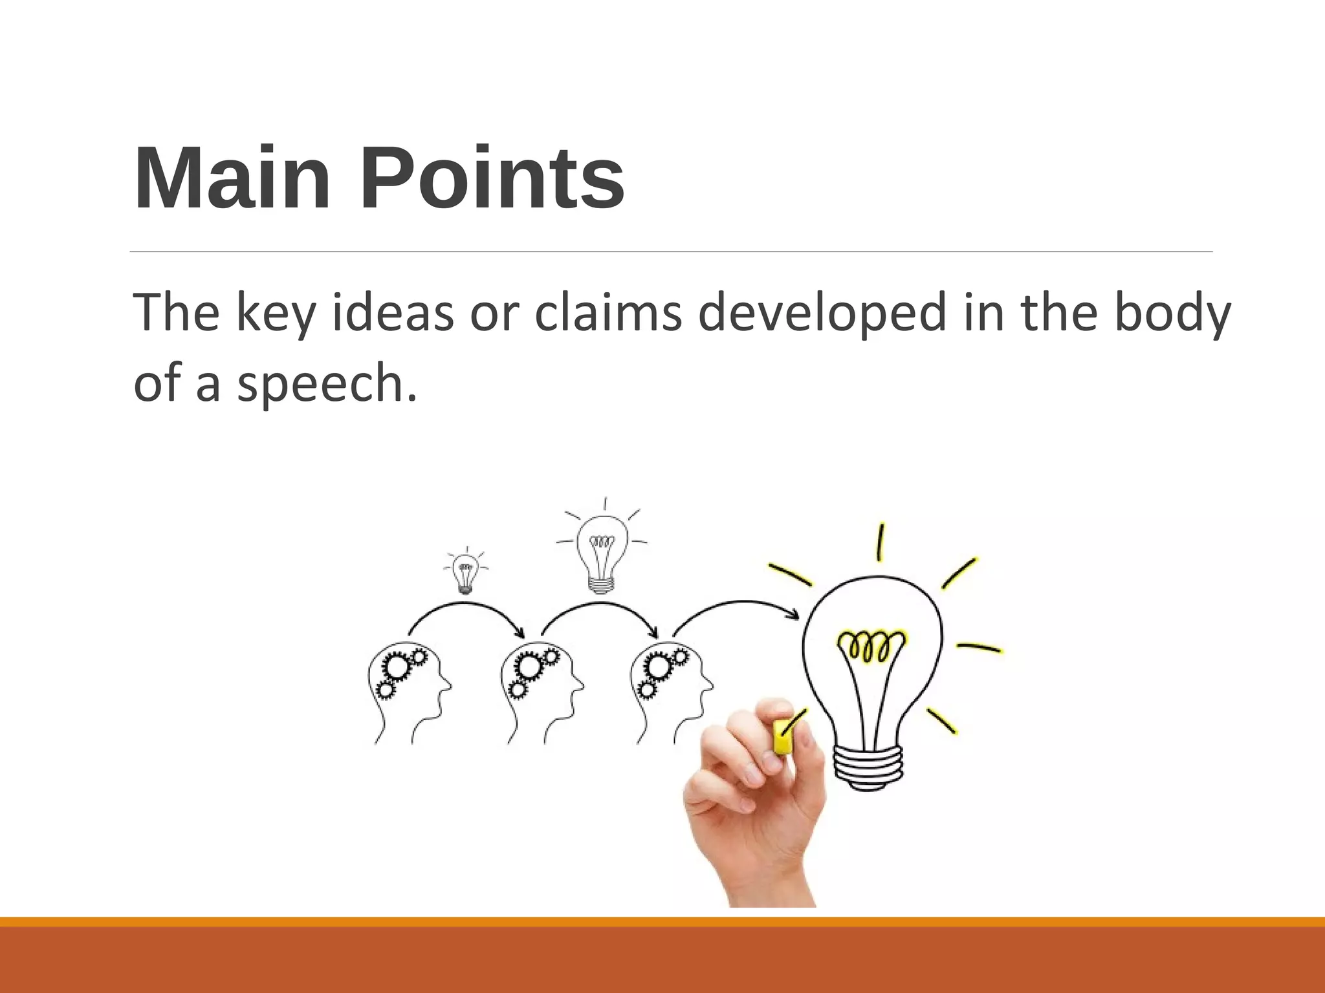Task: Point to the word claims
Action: [x=608, y=312]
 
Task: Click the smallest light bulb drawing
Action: [x=465, y=573]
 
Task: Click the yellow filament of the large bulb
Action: [x=871, y=645]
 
